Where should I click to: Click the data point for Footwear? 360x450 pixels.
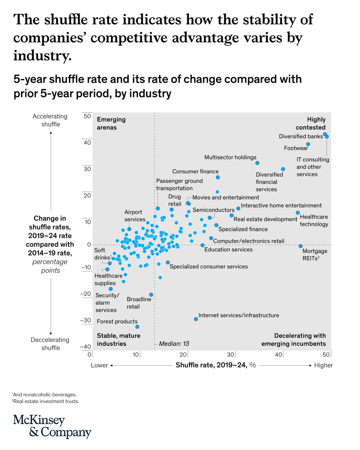(308, 144)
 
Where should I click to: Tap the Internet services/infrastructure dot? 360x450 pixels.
(196, 319)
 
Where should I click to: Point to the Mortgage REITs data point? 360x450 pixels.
(300, 246)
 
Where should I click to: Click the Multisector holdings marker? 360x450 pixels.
(257, 163)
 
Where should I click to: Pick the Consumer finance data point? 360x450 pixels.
(217, 177)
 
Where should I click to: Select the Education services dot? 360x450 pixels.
(202, 245)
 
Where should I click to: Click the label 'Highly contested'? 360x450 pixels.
(310, 123)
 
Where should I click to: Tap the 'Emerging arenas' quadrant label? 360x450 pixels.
(111, 123)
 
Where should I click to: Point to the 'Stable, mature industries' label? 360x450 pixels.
(118, 339)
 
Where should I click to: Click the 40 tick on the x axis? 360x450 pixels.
(279, 355)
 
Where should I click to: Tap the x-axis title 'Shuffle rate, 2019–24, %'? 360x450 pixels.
(216, 365)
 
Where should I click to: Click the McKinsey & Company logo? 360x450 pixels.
(52, 426)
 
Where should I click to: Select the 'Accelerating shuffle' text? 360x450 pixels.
(50, 120)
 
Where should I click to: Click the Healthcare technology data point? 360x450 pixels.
(298, 213)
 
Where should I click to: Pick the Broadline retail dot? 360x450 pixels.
(151, 295)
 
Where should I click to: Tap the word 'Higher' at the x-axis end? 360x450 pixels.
(323, 365)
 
